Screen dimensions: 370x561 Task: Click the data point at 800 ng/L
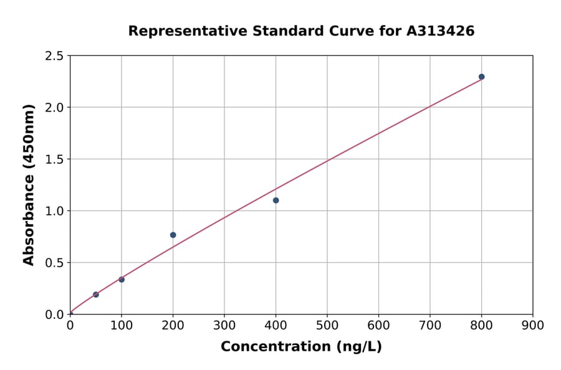(481, 77)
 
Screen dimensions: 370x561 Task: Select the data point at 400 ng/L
(276, 200)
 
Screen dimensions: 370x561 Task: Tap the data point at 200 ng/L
(173, 235)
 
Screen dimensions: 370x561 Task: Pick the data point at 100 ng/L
(122, 279)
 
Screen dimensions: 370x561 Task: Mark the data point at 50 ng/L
(95, 294)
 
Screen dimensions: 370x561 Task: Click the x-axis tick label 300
(224, 325)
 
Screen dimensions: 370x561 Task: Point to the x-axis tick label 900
(533, 325)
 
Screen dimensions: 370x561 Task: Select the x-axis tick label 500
(327, 325)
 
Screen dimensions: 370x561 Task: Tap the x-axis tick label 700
(430, 325)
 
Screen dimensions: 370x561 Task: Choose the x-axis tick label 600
(378, 325)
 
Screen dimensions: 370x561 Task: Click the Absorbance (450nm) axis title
(29, 184)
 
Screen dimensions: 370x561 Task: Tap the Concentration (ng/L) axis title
(301, 346)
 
